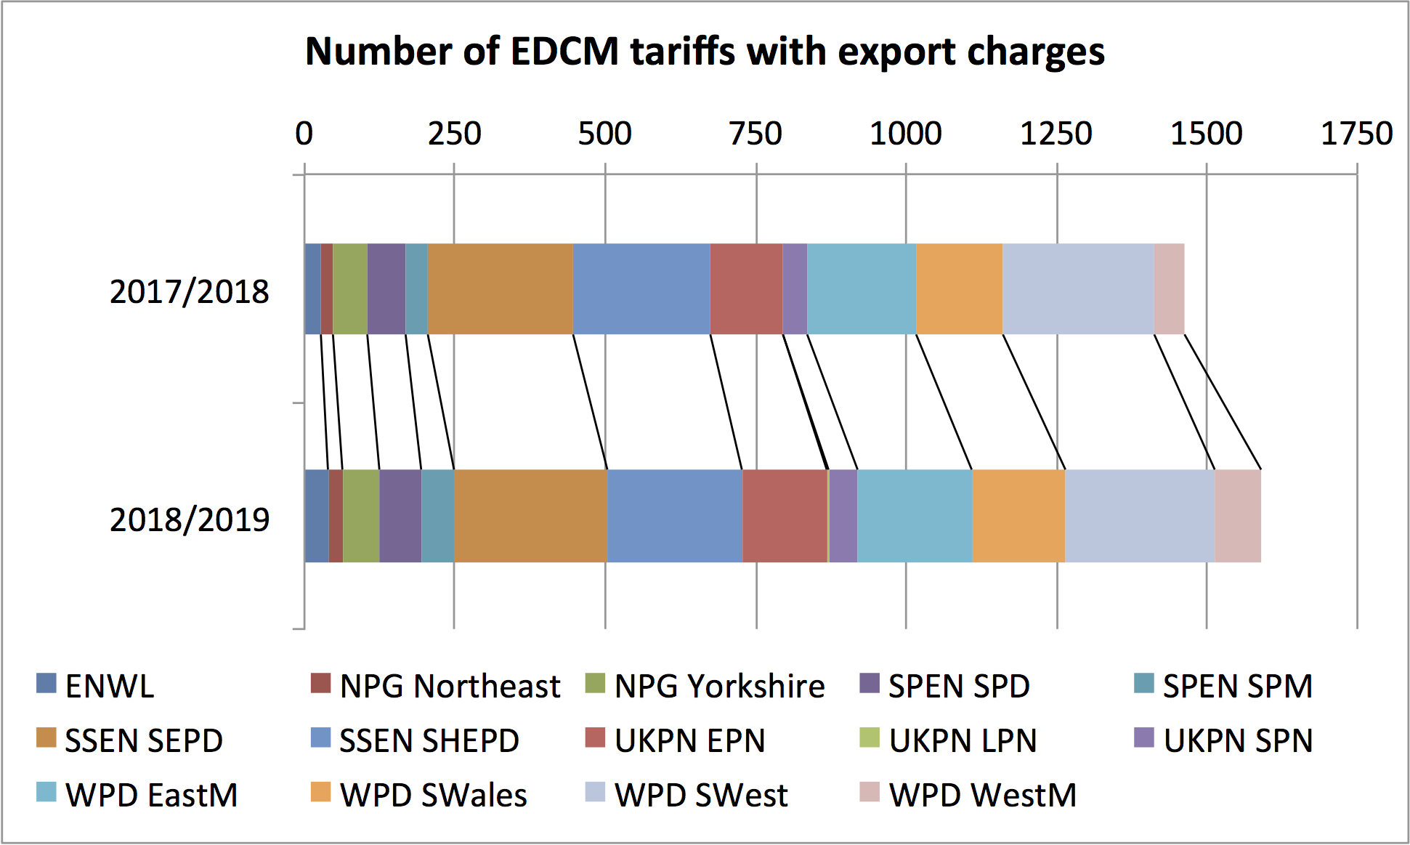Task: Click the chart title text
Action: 705,52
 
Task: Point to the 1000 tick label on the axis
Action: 905,134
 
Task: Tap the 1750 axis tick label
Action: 1356,134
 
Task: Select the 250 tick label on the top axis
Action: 454,134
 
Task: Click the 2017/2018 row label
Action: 189,291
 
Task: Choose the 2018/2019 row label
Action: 189,519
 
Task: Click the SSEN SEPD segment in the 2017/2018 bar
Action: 500,288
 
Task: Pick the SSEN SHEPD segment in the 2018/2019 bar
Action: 674,516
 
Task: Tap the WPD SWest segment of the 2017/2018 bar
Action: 1078,288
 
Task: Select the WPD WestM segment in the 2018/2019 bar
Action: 1238,516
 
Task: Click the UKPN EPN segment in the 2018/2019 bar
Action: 785,516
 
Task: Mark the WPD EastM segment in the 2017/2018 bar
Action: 862,288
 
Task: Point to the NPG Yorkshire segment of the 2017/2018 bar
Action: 350,288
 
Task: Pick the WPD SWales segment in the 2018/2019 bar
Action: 1018,516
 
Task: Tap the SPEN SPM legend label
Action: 1237,686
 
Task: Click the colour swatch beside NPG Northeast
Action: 320,683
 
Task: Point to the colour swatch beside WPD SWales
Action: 320,792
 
